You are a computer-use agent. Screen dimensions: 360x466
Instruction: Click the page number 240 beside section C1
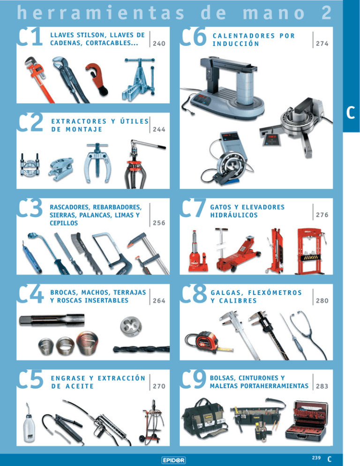pyautogui.click(x=159, y=44)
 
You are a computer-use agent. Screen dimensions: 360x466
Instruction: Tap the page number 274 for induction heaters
pyautogui.click(x=322, y=44)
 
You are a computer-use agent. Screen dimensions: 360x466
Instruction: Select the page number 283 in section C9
pyautogui.click(x=322, y=386)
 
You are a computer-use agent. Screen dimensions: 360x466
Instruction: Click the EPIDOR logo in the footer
pyautogui.click(x=173, y=460)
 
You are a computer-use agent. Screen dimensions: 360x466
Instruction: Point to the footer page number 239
pyautogui.click(x=316, y=458)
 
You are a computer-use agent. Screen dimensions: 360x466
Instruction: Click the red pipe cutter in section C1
pyautogui.click(x=97, y=79)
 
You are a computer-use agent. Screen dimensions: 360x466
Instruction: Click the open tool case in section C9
pyautogui.click(x=307, y=421)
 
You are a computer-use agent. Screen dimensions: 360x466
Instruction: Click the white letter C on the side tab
pyautogui.click(x=351, y=113)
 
